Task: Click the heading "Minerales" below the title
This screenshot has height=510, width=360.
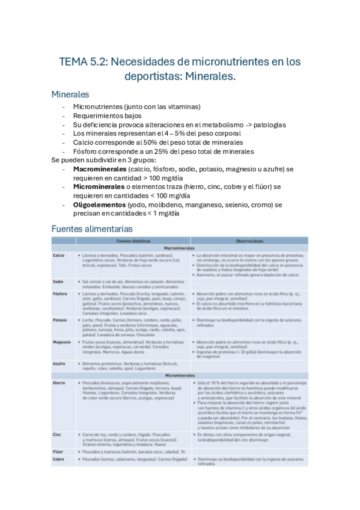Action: pos(70,94)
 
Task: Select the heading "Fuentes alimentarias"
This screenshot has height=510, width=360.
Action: pos(92,229)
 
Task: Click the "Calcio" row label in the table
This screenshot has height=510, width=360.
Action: pos(59,255)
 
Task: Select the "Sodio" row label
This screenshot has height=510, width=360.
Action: pos(58,281)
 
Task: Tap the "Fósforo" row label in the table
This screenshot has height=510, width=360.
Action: pos(59,293)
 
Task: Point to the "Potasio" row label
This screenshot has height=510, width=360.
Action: pos(59,320)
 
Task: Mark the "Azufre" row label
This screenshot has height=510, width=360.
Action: pos(59,364)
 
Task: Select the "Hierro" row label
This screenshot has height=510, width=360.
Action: pos(59,382)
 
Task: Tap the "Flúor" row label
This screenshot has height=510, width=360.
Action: pos(58,450)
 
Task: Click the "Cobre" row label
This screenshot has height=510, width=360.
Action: pos(58,459)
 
